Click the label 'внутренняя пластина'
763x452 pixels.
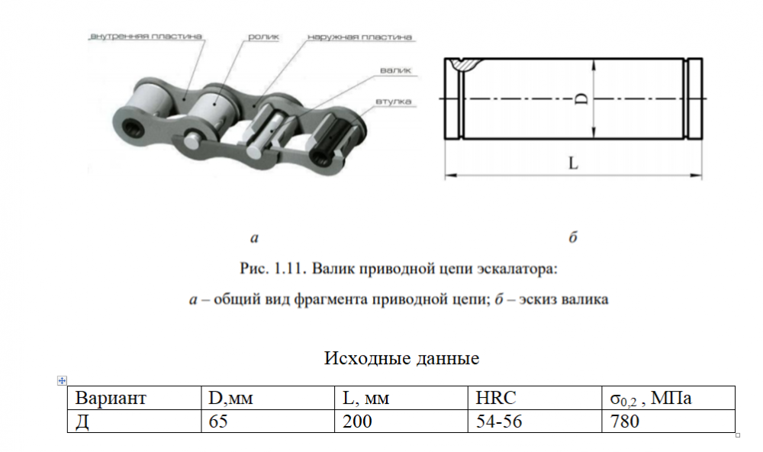(x=145, y=36)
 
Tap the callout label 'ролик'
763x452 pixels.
(x=263, y=36)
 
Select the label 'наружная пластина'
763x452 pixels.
(x=360, y=36)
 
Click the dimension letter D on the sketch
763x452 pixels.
(x=581, y=99)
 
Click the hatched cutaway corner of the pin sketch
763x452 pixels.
(x=464, y=65)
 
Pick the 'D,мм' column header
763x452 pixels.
(x=230, y=399)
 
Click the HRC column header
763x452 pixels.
(x=496, y=399)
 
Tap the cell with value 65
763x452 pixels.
(x=218, y=421)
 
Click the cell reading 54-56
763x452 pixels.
(x=498, y=421)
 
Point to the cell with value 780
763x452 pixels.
(x=620, y=421)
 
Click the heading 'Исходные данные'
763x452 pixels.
(x=401, y=358)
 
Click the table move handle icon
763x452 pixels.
(x=62, y=380)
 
